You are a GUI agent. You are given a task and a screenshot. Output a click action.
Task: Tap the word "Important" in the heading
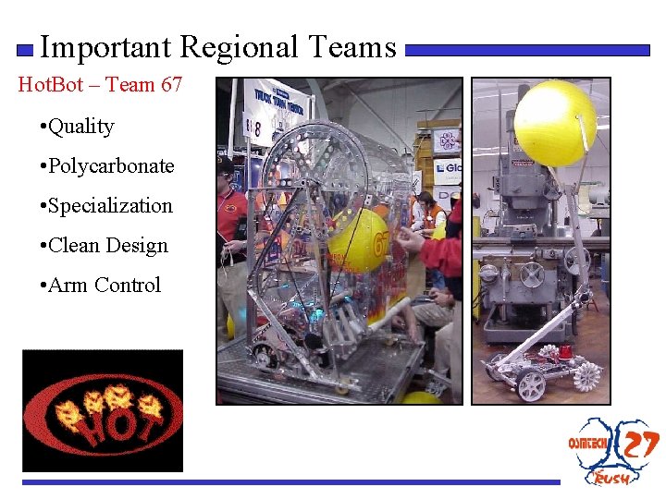tap(106, 46)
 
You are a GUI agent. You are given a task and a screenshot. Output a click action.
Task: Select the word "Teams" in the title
tap(351, 46)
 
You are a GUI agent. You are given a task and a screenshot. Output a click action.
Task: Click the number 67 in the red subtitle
tap(171, 85)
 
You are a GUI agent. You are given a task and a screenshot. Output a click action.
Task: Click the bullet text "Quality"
tap(80, 127)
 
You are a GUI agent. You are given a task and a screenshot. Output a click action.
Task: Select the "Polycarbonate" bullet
tap(110, 166)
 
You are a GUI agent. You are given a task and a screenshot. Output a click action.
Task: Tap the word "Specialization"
tap(109, 206)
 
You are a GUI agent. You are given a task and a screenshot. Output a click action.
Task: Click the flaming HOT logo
tap(103, 410)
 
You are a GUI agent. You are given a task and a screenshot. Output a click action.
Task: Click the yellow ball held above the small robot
tap(555, 122)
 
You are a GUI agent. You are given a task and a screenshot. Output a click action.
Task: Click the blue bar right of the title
tap(527, 51)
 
